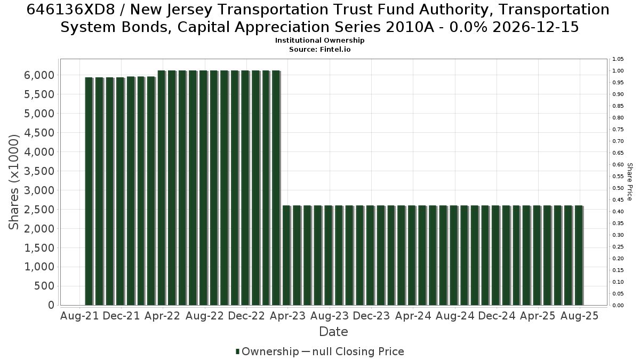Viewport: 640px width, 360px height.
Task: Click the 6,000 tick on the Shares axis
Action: (x=39, y=75)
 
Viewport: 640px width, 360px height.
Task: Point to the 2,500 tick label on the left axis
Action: (x=39, y=210)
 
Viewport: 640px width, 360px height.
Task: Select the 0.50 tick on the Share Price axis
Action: (x=618, y=188)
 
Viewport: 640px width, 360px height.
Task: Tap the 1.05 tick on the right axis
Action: (x=618, y=59)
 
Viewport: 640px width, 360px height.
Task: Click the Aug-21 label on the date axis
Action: (x=79, y=316)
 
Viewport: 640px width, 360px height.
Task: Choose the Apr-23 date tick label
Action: (x=287, y=316)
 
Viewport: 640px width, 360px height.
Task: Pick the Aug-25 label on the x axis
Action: (x=579, y=316)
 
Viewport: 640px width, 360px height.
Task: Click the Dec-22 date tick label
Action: (x=246, y=316)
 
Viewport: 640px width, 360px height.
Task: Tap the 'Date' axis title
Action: (x=333, y=332)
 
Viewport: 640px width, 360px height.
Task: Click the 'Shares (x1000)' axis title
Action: (x=14, y=182)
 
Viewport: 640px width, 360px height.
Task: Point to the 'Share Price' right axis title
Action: (x=629, y=182)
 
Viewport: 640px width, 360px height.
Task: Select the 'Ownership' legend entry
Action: (x=267, y=351)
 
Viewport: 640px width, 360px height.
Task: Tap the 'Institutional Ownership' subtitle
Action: (x=319, y=41)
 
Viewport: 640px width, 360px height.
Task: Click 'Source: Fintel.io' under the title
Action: (x=319, y=50)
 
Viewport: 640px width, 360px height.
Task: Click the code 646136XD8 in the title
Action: (x=70, y=10)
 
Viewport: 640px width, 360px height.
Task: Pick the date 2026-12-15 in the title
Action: (x=536, y=27)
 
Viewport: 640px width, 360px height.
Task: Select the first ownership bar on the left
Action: (x=89, y=191)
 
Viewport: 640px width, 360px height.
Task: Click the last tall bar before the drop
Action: (x=276, y=188)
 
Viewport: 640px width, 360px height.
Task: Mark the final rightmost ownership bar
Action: (x=579, y=255)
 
